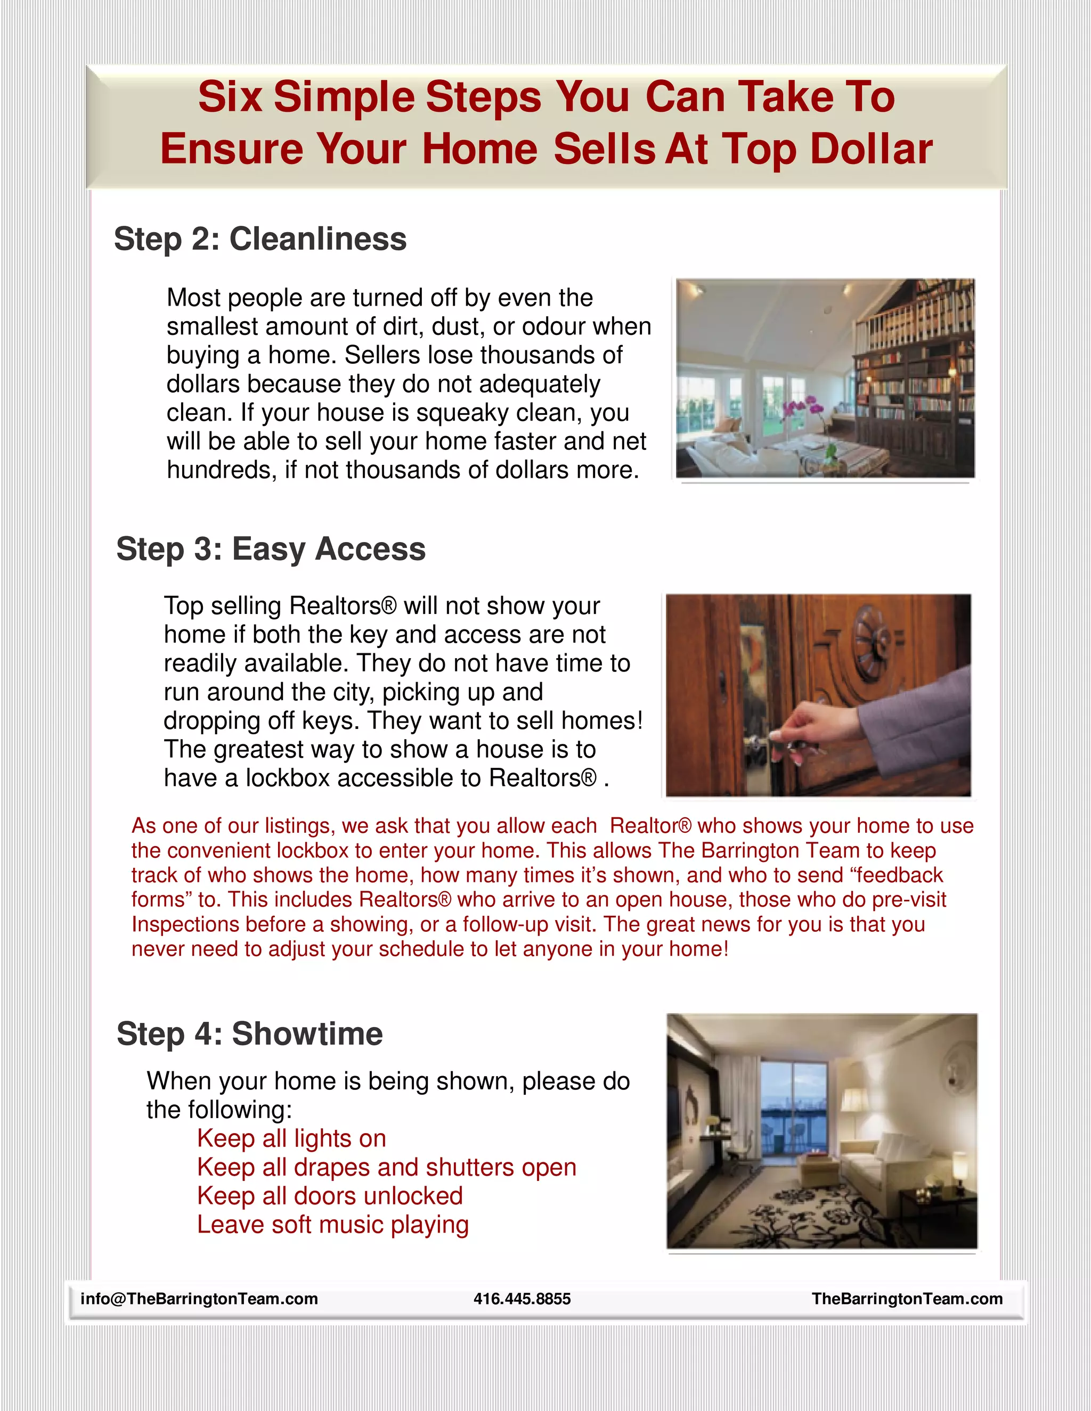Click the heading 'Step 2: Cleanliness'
click(260, 239)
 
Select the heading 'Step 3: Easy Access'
click(271, 549)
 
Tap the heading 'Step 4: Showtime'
click(249, 1033)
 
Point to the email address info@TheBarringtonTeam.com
click(199, 1299)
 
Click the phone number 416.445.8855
click(522, 1299)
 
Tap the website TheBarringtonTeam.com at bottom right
click(907, 1299)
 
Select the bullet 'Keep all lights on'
click(291, 1138)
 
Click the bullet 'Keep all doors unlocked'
click(330, 1196)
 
